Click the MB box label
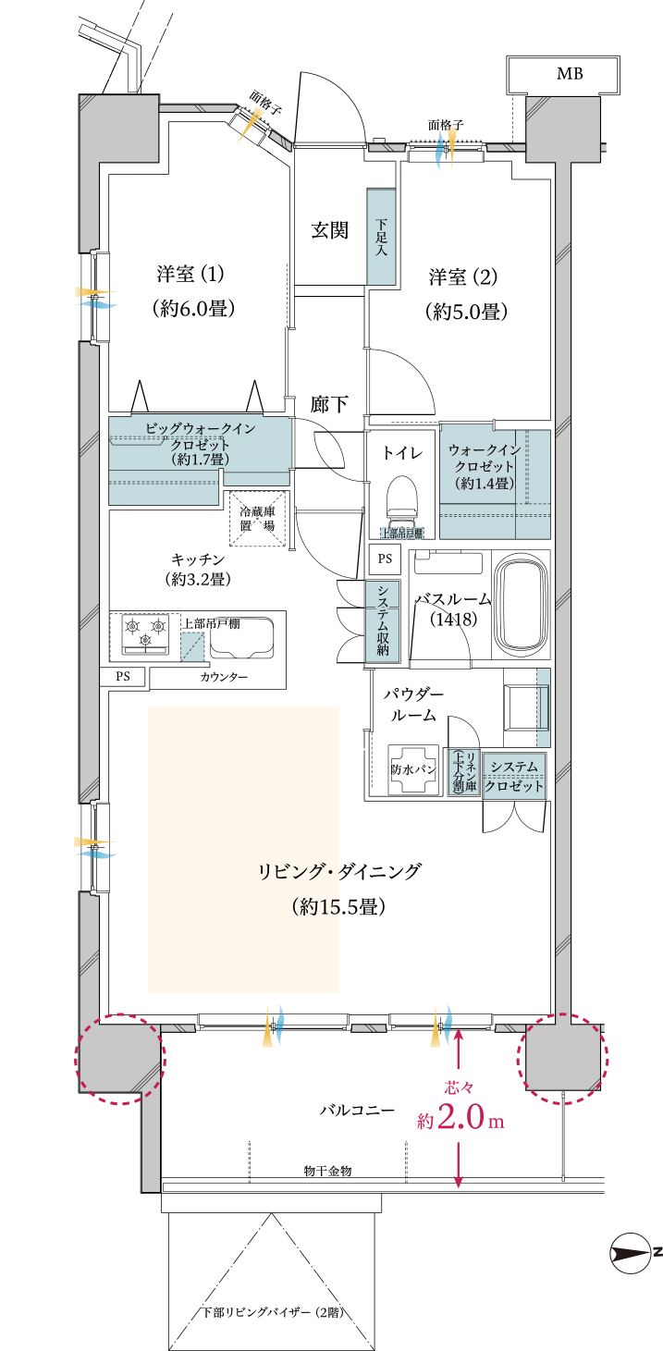pyautogui.click(x=569, y=74)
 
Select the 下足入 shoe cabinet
pyautogui.click(x=381, y=237)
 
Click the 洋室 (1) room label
pyautogui.click(x=190, y=275)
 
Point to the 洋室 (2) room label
pyautogui.click(x=463, y=276)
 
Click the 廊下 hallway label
pyautogui.click(x=329, y=404)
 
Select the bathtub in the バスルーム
pyautogui.click(x=523, y=605)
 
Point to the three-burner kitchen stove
pyautogui.click(x=146, y=633)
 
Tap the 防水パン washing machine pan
pyautogui.click(x=413, y=768)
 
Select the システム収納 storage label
pyautogui.click(x=381, y=620)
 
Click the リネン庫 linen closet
pyautogui.click(x=458, y=772)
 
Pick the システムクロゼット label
pyautogui.click(x=514, y=775)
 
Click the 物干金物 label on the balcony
pyautogui.click(x=327, y=1171)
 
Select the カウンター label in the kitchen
pyautogui.click(x=224, y=677)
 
